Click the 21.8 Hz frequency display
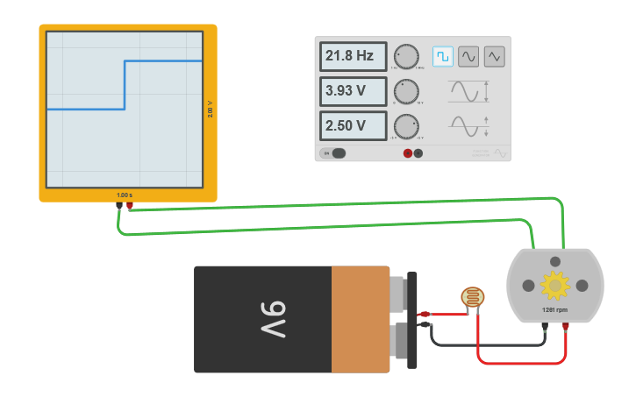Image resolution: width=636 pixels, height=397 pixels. [353, 56]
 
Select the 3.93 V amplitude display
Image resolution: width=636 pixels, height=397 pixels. [353, 91]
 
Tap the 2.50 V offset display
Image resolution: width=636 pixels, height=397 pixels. [353, 125]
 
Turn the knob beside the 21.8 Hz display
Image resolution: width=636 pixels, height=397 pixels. [406, 56]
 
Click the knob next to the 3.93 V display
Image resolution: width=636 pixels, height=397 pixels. [406, 91]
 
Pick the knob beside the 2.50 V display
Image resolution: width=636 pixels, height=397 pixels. [406, 125]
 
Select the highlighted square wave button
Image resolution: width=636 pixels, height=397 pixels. [443, 56]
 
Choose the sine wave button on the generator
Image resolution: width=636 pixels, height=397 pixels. [468, 56]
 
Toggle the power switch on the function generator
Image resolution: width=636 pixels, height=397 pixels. [334, 153]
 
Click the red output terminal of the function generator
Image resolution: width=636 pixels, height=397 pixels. [408, 153]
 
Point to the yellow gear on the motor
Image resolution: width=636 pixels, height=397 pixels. [554, 285]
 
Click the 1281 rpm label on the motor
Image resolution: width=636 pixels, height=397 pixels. [554, 310]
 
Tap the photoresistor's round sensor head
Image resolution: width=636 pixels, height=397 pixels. [473, 298]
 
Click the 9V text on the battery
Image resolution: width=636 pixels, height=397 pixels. [271, 320]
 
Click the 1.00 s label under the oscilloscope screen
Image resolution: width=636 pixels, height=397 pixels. [125, 195]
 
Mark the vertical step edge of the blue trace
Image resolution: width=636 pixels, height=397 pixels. [125, 85]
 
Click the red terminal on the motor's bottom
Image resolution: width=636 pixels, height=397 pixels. [566, 327]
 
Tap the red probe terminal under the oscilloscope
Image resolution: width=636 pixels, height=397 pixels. [130, 206]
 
